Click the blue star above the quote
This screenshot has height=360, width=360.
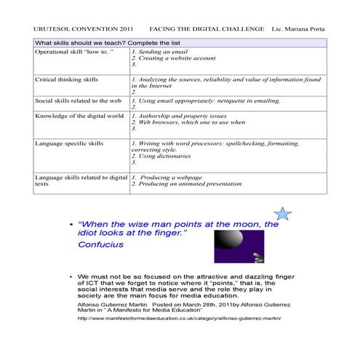(x=284, y=213)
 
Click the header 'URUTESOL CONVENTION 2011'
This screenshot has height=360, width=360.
(x=74, y=28)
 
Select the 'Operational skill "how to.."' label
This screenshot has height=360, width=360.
(x=70, y=52)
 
